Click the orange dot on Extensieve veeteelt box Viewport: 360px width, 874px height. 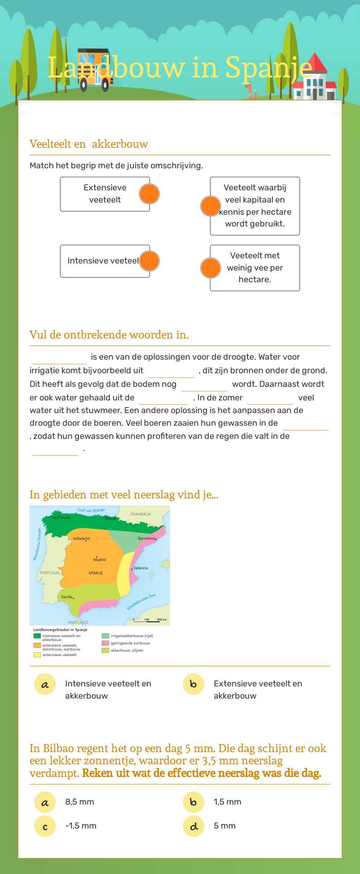pos(149,194)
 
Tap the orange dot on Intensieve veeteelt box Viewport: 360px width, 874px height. pos(149,261)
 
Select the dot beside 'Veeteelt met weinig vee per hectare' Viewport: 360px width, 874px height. pos(210,268)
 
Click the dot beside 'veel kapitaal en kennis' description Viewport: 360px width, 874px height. pos(210,206)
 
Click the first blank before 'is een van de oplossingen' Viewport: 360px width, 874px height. pos(59,358)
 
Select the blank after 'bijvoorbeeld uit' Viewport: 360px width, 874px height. pos(171,371)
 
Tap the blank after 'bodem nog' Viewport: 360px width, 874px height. pos(204,385)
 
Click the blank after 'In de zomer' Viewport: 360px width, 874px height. pos(270,399)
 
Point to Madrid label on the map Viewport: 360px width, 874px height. pos(99,559)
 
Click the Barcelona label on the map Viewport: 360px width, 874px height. pos(146,538)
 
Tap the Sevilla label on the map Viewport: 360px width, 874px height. pos(67,597)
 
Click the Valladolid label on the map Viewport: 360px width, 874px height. pos(81,538)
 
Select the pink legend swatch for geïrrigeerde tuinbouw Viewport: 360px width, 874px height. pos(105,643)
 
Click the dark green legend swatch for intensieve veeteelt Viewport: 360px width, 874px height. pos(37,636)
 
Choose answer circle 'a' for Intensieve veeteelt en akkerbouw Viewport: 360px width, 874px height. pos(45,684)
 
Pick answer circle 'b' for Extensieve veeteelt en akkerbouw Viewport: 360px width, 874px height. pos(194,684)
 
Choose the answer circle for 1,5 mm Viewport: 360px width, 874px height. pos(194,802)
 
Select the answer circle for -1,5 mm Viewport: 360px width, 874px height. pos(45,826)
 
